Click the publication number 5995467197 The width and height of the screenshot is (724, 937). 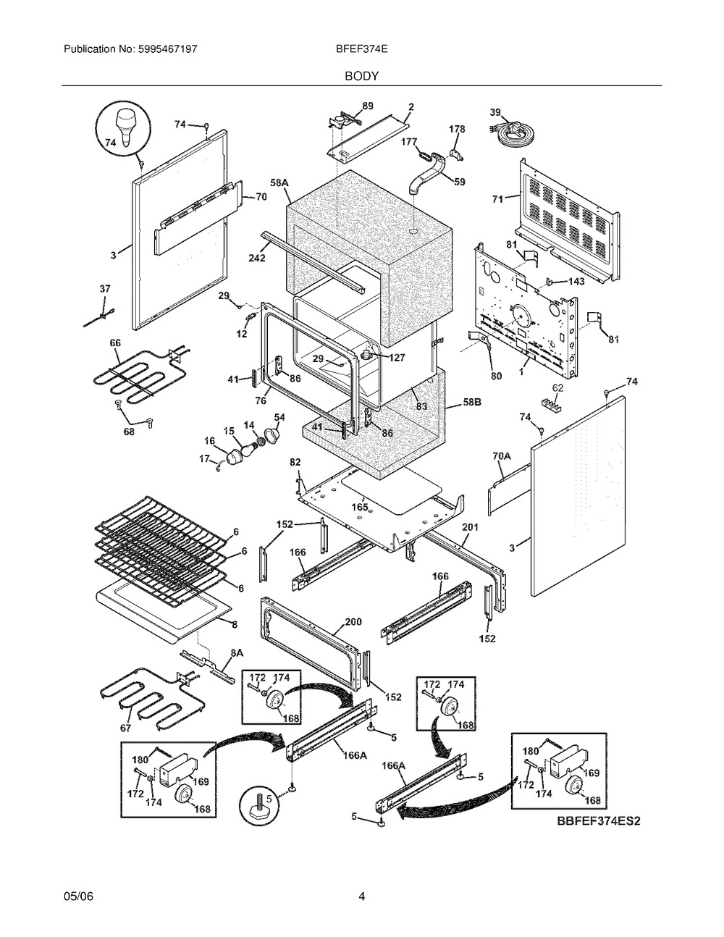point(168,49)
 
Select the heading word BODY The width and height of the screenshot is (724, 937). point(361,76)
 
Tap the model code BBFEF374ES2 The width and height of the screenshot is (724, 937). point(599,820)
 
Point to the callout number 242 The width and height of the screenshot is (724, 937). point(257,258)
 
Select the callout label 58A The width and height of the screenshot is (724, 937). point(279,182)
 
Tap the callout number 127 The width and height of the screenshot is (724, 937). point(397,358)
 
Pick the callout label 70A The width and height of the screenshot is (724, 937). point(501,455)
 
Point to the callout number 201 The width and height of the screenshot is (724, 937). point(470,527)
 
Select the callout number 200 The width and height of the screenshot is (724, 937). point(353,621)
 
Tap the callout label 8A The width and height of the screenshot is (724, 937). point(237,653)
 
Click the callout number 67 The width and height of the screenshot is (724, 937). point(125,728)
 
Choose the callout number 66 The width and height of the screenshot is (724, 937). point(115,343)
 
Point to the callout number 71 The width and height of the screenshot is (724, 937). point(498,200)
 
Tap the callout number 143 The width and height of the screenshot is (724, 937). point(576,282)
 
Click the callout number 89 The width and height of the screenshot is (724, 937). point(368,106)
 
